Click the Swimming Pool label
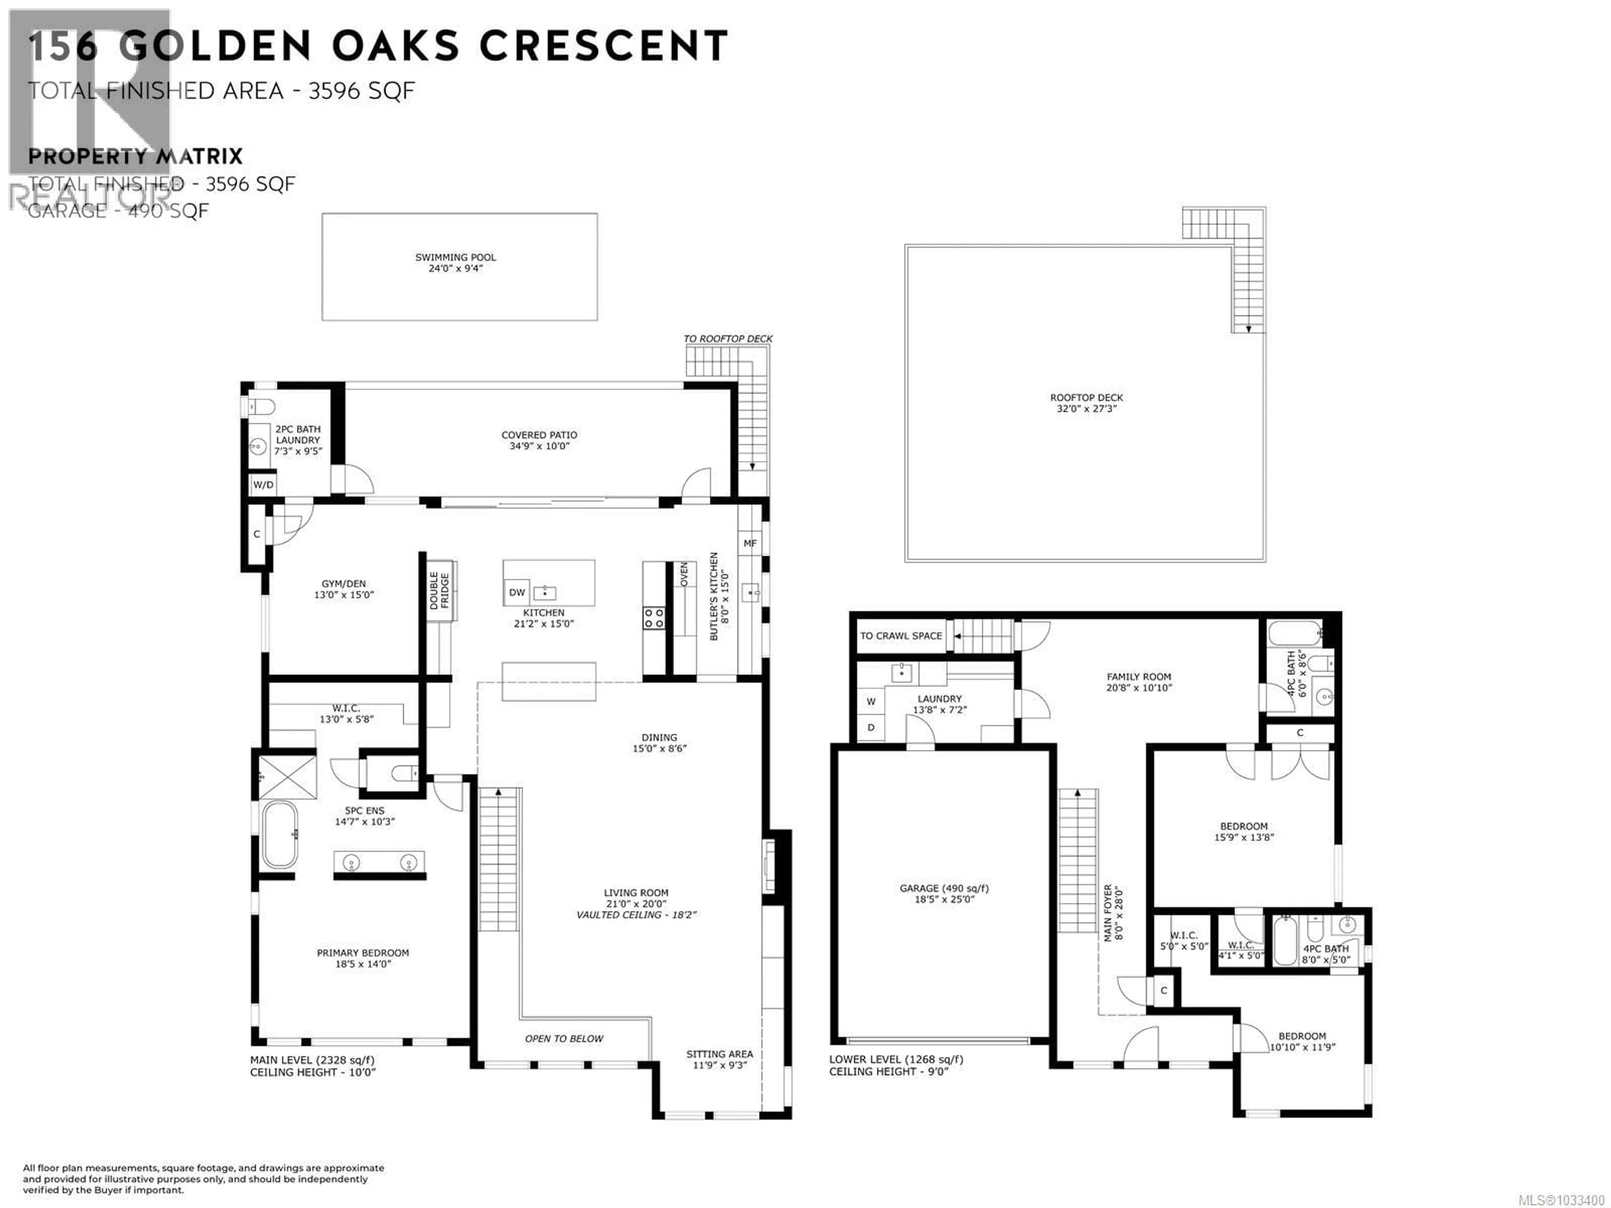(x=455, y=257)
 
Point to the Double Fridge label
(x=439, y=591)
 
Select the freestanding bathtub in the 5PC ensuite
(x=279, y=834)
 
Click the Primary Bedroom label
(x=363, y=953)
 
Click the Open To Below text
(x=564, y=1039)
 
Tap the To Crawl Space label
(x=900, y=636)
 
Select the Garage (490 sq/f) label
(x=944, y=888)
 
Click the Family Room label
(x=1138, y=677)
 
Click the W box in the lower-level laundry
(x=871, y=702)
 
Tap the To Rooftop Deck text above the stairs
(x=727, y=338)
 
